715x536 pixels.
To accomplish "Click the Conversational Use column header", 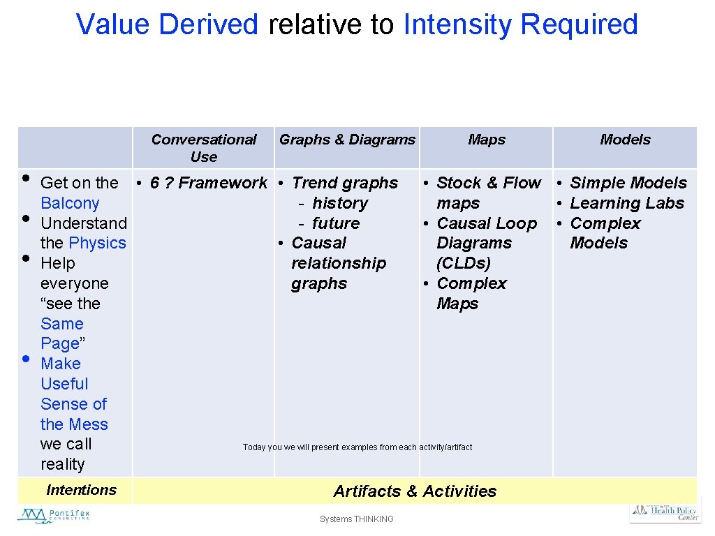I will pyautogui.click(x=204, y=148).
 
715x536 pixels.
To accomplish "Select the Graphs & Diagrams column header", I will pyautogui.click(x=347, y=140).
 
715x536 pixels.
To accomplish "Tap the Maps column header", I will pyautogui.click(x=487, y=140).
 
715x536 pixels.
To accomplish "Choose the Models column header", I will pyautogui.click(x=625, y=140).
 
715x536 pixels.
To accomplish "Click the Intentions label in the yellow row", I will pyautogui.click(x=81, y=490).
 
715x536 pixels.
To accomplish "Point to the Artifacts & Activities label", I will pyautogui.click(x=415, y=491).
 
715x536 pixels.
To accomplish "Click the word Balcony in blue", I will pyautogui.click(x=70, y=203).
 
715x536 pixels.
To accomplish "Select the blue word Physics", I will pyautogui.click(x=98, y=243).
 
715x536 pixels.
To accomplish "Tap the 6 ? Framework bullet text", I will pyautogui.click(x=208, y=183).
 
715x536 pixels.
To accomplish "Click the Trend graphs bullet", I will pyautogui.click(x=345, y=183).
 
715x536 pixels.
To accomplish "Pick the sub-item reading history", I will pyautogui.click(x=339, y=203).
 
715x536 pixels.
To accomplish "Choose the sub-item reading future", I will pyautogui.click(x=336, y=223).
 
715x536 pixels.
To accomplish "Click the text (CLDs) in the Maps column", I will pyautogui.click(x=464, y=263).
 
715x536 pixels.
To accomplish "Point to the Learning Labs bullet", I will pyautogui.click(x=627, y=203).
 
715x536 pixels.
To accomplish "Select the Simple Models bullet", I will pyautogui.click(x=628, y=183).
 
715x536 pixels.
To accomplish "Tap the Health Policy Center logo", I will pyautogui.click(x=665, y=512).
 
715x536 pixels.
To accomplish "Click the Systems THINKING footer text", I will pyautogui.click(x=357, y=519).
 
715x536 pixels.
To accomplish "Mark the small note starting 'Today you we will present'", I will pyautogui.click(x=357, y=447).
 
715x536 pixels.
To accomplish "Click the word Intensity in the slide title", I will pyautogui.click(x=458, y=24).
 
